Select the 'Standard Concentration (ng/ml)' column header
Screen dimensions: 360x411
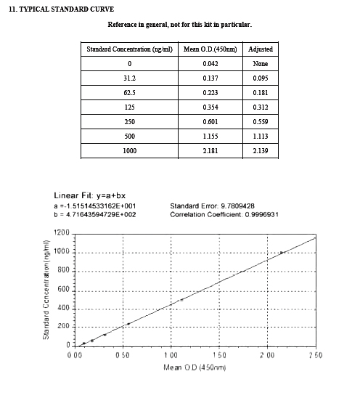[x=129, y=49]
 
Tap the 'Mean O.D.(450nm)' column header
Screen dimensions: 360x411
[x=210, y=49]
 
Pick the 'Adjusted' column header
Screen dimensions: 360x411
[x=260, y=49]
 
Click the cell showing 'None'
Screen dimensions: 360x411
[x=260, y=63]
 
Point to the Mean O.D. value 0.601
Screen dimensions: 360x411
[x=210, y=121]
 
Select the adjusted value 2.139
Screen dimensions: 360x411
[x=260, y=150]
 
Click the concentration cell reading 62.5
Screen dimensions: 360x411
[x=129, y=92]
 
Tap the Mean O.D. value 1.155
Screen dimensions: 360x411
[x=210, y=136]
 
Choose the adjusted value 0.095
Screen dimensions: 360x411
[x=260, y=78]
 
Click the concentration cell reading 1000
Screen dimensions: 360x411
[x=129, y=150]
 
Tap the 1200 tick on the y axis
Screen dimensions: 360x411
[x=62, y=233]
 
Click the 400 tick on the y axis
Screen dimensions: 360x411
[x=64, y=308]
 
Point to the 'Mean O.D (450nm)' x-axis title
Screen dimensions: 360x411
[x=195, y=367]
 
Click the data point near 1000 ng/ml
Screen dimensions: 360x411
[x=282, y=253]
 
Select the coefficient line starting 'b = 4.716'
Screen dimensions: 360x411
[x=95, y=214]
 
